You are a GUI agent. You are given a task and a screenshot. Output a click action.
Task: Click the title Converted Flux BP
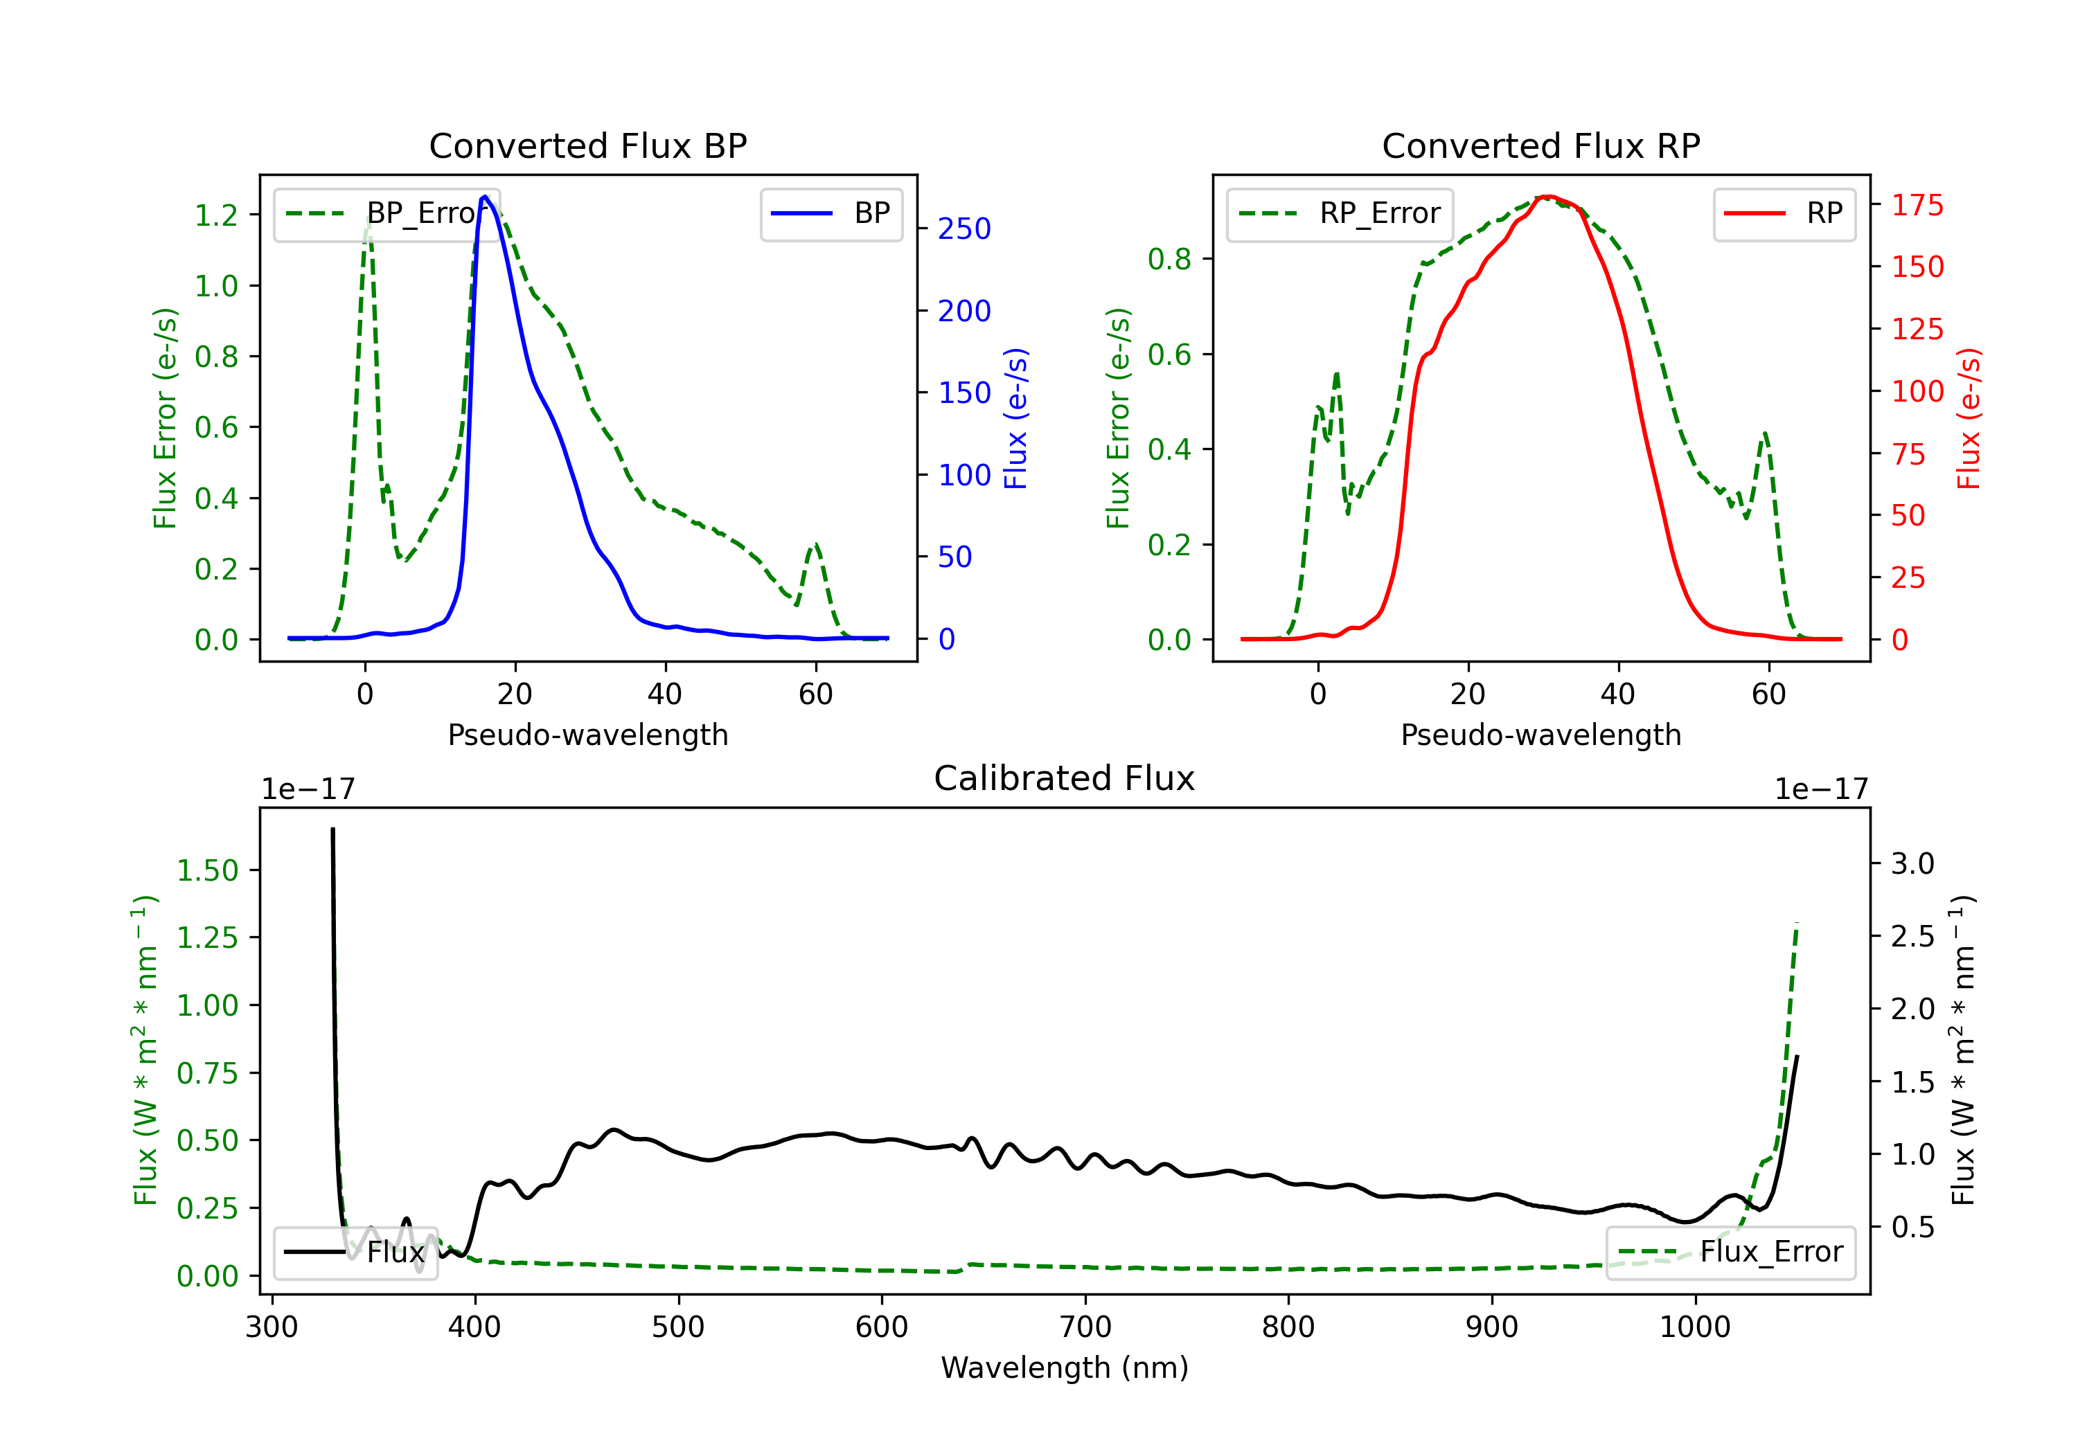point(587,145)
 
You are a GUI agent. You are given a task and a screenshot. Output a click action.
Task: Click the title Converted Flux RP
point(1540,145)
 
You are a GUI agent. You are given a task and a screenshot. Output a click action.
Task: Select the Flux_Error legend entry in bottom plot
point(1730,1253)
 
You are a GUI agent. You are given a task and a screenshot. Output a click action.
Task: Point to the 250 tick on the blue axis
point(964,229)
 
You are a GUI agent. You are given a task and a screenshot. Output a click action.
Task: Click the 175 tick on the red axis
point(1917,206)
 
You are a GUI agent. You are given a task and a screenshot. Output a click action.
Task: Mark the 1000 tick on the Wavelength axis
point(1694,1327)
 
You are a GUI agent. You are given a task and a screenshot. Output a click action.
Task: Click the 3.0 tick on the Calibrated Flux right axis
point(1912,863)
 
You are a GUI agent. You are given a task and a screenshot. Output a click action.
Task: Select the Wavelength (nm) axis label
point(1065,1368)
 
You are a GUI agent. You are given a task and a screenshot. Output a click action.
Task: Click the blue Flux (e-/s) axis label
point(1016,418)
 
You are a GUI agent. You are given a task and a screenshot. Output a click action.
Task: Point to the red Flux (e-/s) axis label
point(1969,418)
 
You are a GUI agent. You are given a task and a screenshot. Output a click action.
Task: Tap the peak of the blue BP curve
point(485,197)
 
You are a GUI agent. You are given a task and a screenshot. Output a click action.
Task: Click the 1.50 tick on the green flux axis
point(207,870)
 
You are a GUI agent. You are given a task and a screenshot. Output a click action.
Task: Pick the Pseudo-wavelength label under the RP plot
point(1540,735)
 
